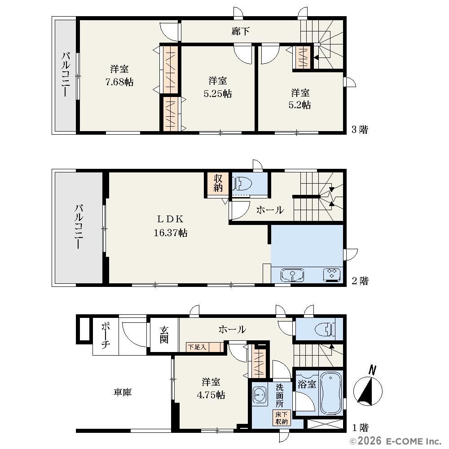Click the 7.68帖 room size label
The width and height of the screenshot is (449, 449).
[119, 82]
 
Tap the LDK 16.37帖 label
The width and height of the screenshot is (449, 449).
[171, 226]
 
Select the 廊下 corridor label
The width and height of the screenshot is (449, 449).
[240, 31]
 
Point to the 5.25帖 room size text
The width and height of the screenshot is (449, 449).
[218, 94]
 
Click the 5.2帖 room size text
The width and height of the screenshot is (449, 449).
[299, 105]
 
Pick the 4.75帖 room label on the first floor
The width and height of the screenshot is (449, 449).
[211, 395]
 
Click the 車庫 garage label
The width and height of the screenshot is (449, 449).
[123, 392]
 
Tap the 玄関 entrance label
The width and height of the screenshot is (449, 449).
[164, 335]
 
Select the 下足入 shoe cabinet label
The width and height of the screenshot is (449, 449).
[197, 348]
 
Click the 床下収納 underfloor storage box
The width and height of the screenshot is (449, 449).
[282, 418]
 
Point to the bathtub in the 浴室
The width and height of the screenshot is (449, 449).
[330, 392]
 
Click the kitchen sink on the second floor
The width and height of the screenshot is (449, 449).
[292, 275]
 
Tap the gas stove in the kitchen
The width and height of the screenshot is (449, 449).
[332, 275]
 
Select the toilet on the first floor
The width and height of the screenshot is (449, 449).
[325, 330]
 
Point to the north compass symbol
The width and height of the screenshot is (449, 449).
[368, 389]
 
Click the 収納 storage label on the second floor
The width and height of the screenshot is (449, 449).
[218, 183]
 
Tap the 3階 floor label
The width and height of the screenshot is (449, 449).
[360, 130]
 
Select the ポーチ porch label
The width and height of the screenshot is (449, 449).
[106, 335]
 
